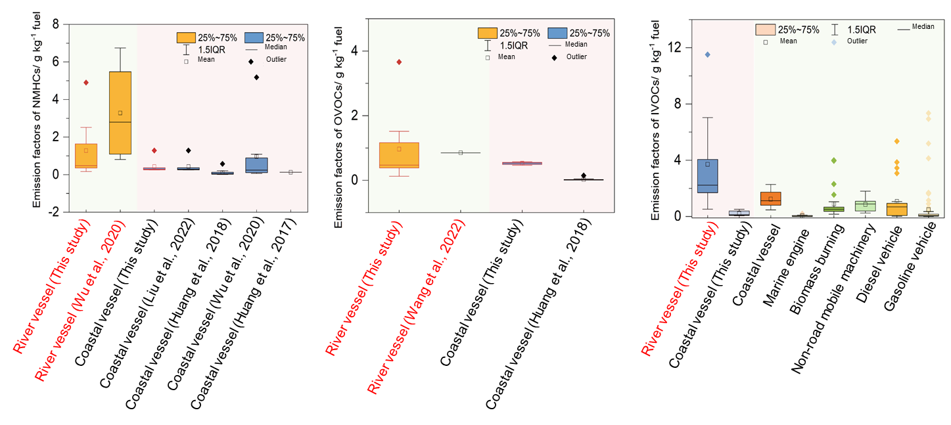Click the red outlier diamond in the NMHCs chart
pyautogui.click(x=85, y=83)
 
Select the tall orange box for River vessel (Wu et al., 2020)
pyautogui.click(x=120, y=113)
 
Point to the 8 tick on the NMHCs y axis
pyautogui.click(x=56, y=24)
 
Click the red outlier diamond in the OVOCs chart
pyautogui.click(x=398, y=62)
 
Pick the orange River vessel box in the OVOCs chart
pyautogui.click(x=398, y=155)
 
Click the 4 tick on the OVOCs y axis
pyautogui.click(x=356, y=51)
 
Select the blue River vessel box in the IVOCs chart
pyautogui.click(x=707, y=176)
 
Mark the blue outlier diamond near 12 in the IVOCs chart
pyautogui.click(x=707, y=55)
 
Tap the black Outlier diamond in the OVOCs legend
pyautogui.click(x=555, y=56)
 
